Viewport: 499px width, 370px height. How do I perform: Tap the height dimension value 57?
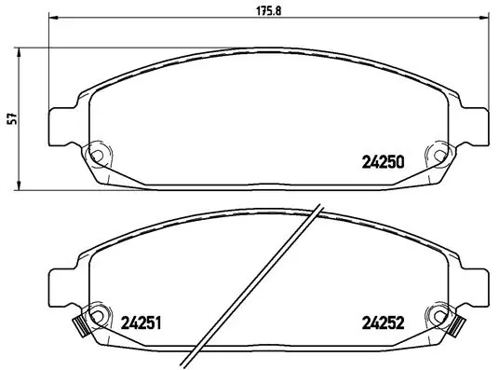(x=12, y=119)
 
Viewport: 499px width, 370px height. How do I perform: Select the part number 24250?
(x=382, y=161)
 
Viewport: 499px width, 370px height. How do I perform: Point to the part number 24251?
(x=142, y=325)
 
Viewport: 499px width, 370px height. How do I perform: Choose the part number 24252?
(x=382, y=325)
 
